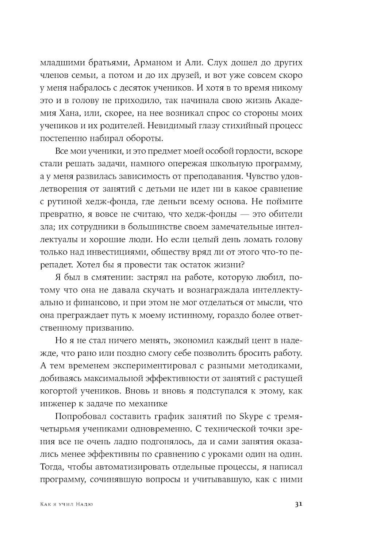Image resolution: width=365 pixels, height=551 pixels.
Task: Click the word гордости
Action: point(244,151)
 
